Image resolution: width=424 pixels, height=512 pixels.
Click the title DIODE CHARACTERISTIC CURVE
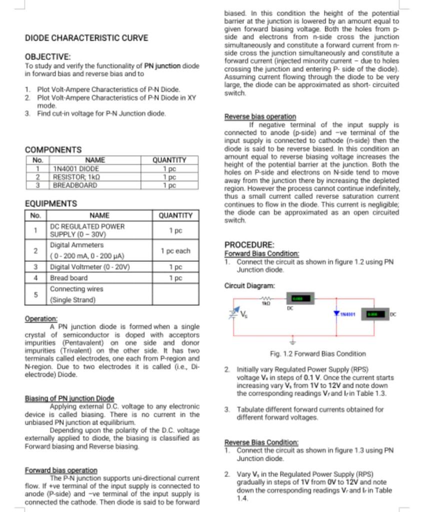click(x=86, y=38)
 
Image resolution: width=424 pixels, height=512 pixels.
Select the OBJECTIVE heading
click(x=47, y=57)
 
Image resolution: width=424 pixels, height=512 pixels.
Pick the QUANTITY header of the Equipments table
click(x=175, y=215)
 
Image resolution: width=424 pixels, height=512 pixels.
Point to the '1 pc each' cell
click(x=175, y=251)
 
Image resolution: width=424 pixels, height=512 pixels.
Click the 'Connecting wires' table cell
click(x=76, y=289)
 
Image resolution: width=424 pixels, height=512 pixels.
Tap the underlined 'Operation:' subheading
click(x=41, y=318)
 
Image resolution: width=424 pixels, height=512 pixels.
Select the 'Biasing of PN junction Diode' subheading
click(x=69, y=398)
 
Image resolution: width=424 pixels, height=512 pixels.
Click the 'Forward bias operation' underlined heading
click(x=61, y=470)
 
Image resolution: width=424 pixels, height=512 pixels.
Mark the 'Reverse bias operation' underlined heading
click(x=260, y=116)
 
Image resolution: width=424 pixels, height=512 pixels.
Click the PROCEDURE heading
click(x=249, y=245)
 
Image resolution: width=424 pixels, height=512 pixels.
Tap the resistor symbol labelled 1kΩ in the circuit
click(x=266, y=298)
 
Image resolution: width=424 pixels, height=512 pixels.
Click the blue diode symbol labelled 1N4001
click(x=337, y=313)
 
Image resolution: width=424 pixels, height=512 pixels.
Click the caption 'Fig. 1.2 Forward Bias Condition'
click(x=317, y=353)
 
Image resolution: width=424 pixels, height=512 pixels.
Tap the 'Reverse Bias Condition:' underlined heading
click(x=261, y=442)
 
